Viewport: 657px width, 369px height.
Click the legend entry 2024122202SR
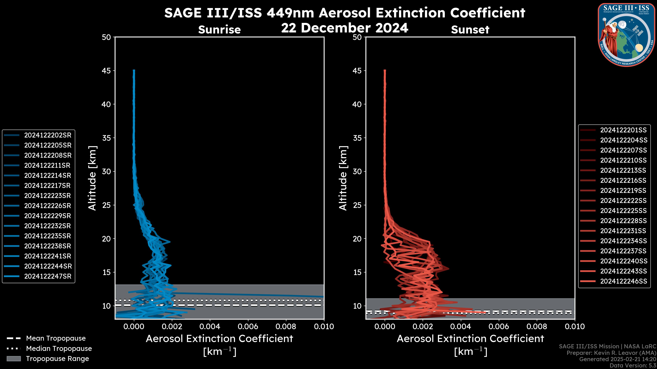pos(48,135)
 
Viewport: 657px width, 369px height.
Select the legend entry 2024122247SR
pos(48,276)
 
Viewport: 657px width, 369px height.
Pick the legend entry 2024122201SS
pos(623,130)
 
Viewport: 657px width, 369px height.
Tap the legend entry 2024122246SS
pos(623,281)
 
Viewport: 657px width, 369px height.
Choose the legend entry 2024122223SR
pos(48,196)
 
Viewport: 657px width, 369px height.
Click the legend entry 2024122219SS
pos(623,190)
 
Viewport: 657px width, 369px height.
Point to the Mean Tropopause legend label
pos(56,338)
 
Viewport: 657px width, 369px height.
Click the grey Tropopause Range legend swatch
pos(14,359)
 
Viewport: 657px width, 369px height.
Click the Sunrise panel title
pos(219,30)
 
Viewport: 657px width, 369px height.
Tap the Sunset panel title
pos(470,30)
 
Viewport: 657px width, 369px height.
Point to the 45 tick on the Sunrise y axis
pos(106,71)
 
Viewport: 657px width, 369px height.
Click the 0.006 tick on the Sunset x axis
pos(499,326)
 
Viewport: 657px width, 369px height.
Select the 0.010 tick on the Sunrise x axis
pos(324,326)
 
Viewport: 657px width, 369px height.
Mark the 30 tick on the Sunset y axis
pos(357,171)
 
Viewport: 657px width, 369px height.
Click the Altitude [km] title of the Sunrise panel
pos(92,178)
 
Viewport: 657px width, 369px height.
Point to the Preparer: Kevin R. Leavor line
pos(611,353)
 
